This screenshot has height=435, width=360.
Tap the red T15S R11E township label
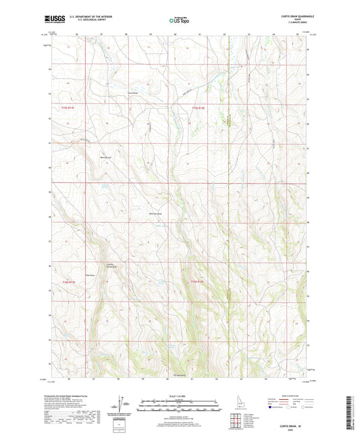coord(59,107)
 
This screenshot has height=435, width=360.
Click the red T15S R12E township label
coord(197,107)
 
